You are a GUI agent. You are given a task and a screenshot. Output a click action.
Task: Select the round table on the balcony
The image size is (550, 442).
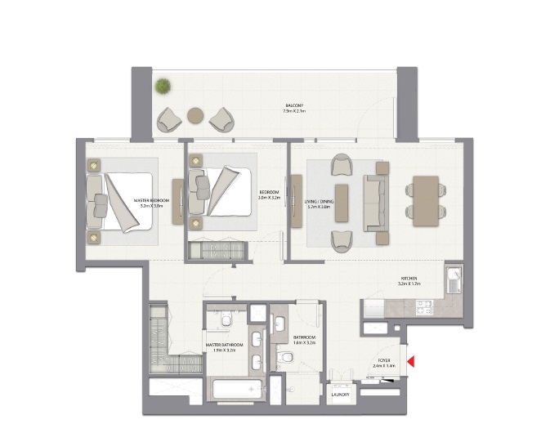tap(196, 115)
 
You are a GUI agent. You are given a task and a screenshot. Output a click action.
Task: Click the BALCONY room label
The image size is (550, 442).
tap(294, 105)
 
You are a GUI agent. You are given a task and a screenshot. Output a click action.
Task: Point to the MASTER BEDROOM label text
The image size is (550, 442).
tap(150, 200)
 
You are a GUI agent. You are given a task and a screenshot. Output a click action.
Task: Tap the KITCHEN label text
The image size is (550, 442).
tap(408, 279)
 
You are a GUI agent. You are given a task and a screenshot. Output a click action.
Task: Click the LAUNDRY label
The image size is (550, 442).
tap(340, 395)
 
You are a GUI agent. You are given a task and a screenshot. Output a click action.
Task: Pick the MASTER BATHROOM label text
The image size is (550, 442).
tap(225, 345)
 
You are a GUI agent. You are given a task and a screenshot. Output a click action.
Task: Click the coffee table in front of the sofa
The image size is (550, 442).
tap(342, 202)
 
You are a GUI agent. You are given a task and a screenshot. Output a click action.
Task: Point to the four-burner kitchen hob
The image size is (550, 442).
tap(424, 308)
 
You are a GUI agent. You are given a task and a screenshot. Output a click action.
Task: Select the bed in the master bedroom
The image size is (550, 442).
tap(121, 200)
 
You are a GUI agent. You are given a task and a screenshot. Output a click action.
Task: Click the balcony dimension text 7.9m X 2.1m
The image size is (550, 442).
tap(294, 111)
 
